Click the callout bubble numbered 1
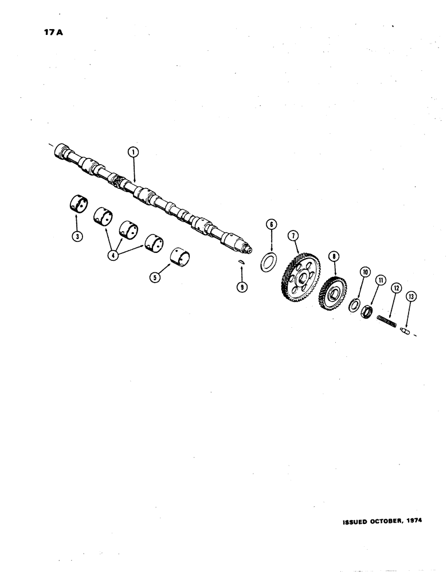pos(133,152)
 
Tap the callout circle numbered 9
pos(242,288)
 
